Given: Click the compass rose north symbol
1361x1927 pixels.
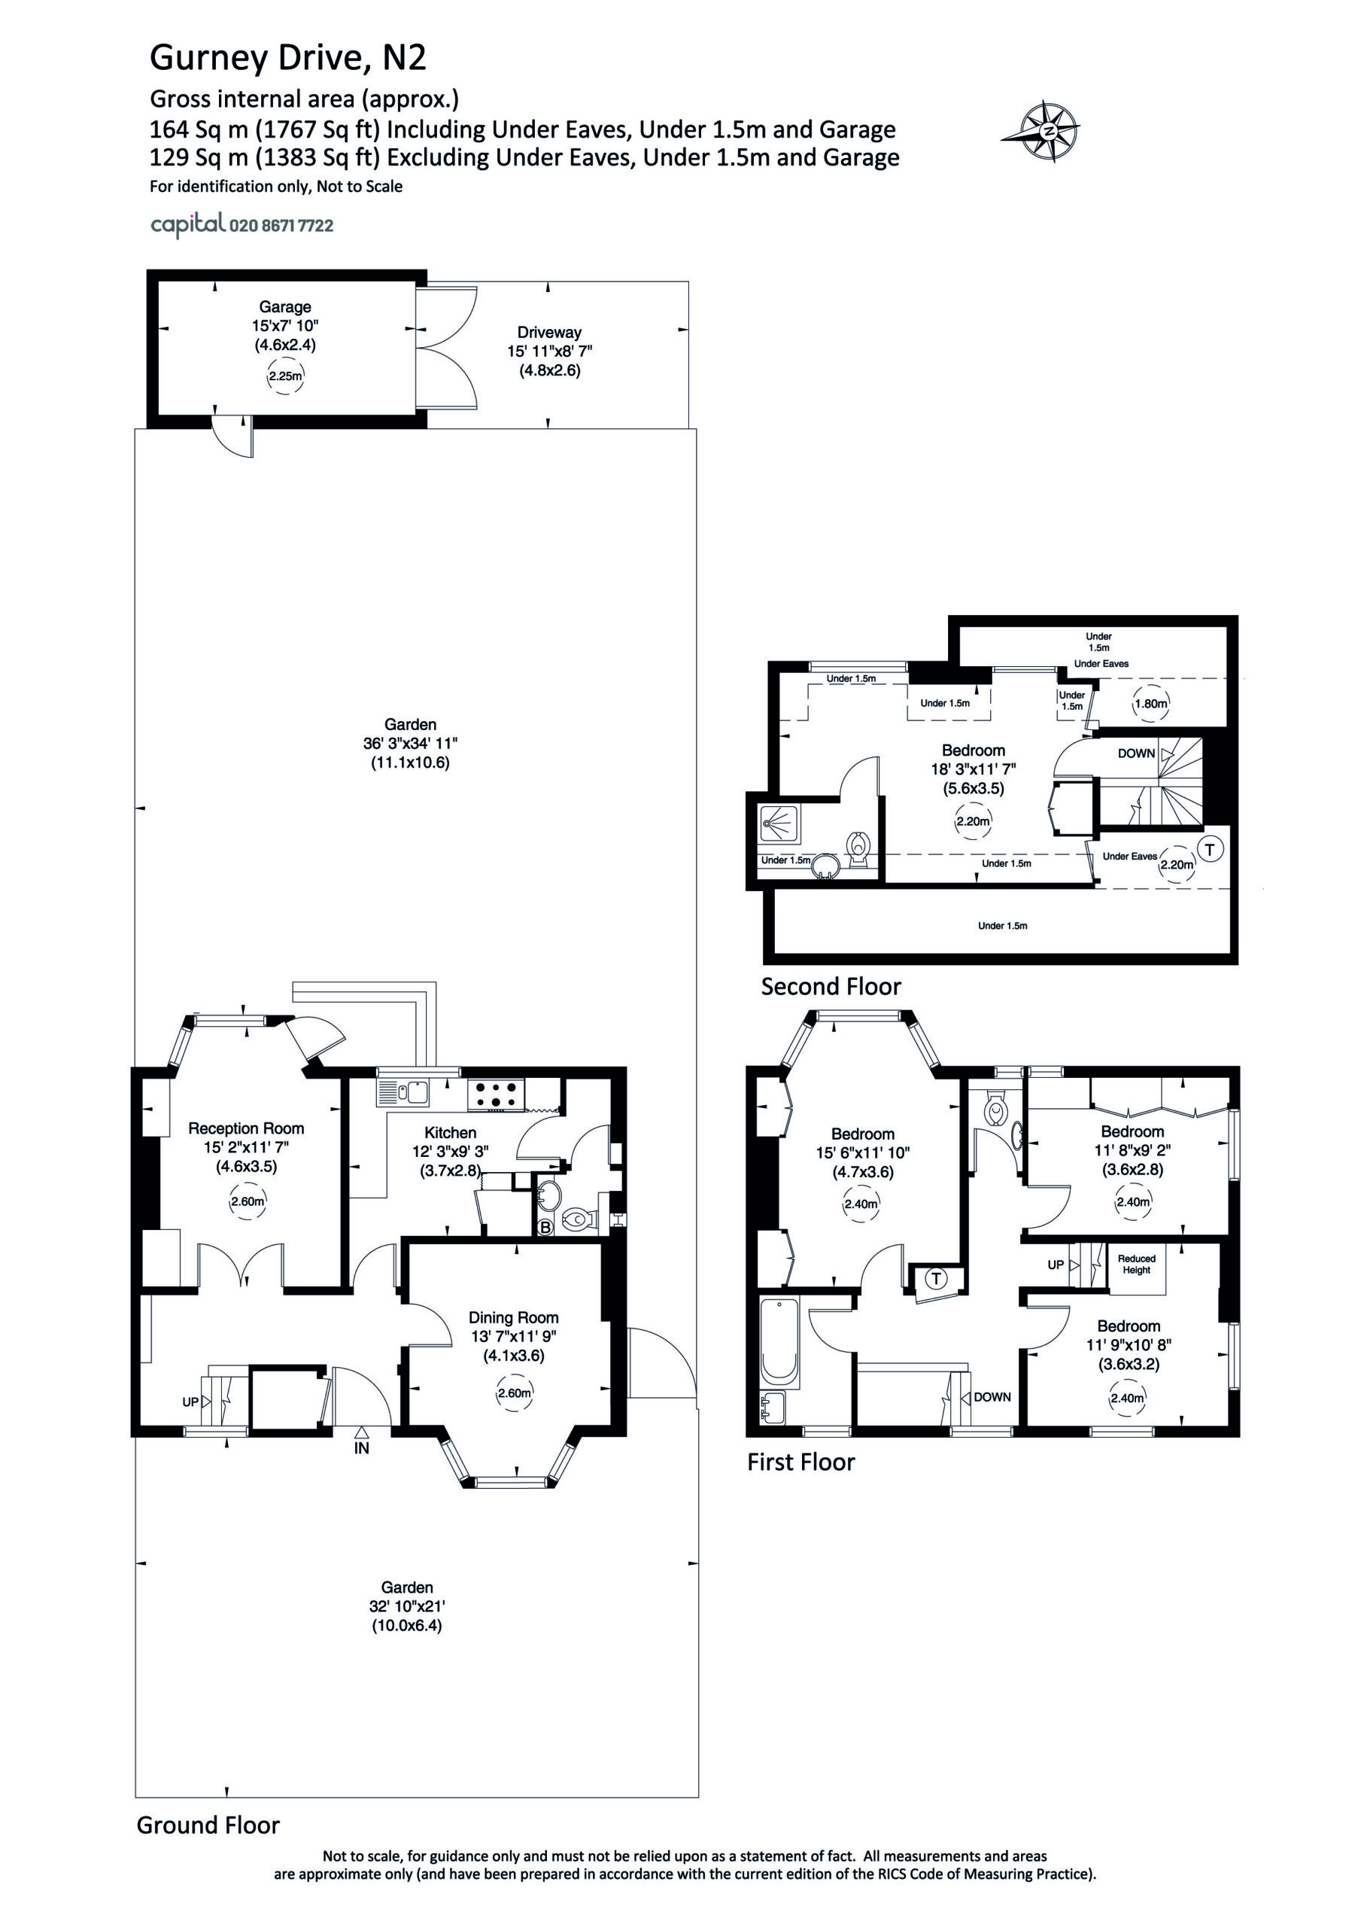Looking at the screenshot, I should pos(1048,132).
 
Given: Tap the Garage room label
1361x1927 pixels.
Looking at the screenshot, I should pos(284,307).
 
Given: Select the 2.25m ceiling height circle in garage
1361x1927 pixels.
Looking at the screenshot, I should pos(284,377).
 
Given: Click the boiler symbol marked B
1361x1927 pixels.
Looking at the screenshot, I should pos(545,1228).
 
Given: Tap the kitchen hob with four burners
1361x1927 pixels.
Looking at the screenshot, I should pos(495,1094).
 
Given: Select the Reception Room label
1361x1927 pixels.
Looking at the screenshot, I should pos(246,1129).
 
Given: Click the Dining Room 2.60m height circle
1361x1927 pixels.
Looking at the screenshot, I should pos(514,1393).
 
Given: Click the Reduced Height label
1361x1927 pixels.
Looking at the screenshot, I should pos(1136,1265).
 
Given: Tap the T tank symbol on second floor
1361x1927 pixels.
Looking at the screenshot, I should pos(1209,849).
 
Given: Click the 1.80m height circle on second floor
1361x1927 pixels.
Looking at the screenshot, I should pos(1150,704).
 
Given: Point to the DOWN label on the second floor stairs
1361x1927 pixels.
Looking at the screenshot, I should pos(1136,753).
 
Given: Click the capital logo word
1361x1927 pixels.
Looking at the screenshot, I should pos(188,224).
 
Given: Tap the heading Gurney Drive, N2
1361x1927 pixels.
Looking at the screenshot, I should pos(288,58).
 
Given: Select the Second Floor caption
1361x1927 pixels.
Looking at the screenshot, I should pos(831,987).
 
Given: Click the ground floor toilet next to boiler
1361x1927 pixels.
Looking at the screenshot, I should pos(577,1219).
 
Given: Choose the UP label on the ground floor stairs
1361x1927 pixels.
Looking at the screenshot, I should pos(190,1402).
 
